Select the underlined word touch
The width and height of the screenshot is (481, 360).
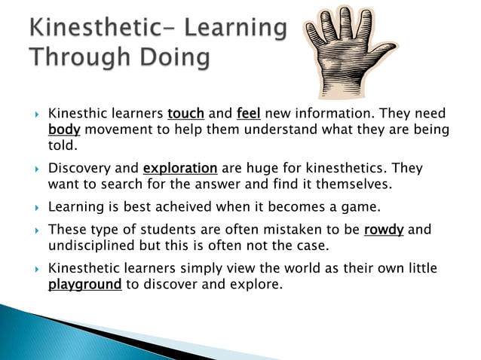(186, 114)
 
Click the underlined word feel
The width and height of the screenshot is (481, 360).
(249, 114)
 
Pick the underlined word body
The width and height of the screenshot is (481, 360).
(64, 130)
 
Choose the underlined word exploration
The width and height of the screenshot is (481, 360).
(180, 168)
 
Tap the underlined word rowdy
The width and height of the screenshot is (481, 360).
(383, 230)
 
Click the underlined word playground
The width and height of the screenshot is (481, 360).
(84, 285)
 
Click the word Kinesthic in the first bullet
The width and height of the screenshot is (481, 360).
(78, 114)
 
